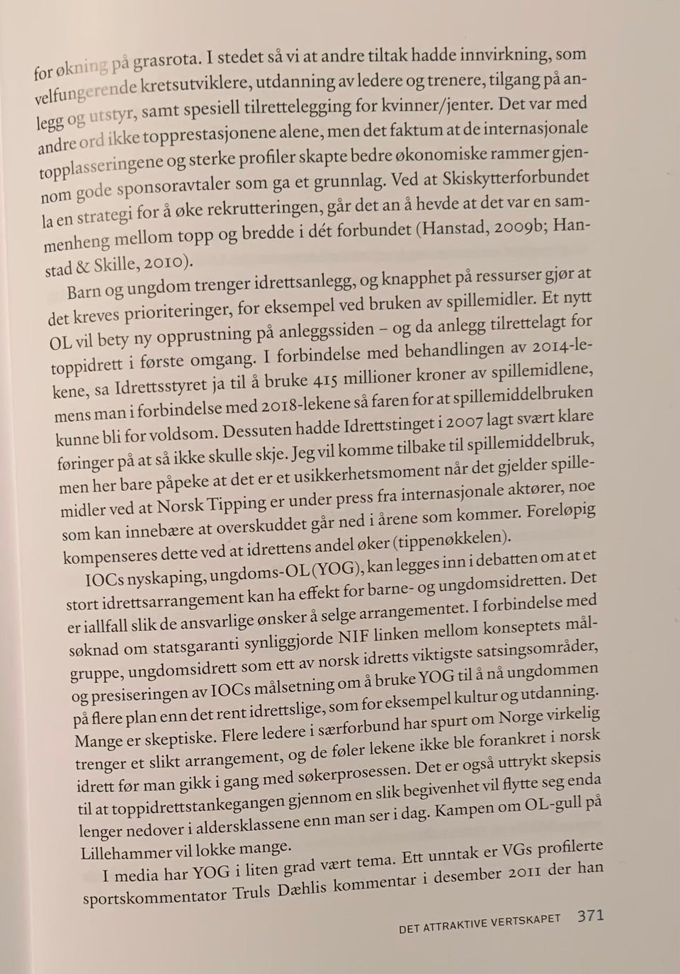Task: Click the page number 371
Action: coord(590,915)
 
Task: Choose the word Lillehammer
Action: coord(136,852)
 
